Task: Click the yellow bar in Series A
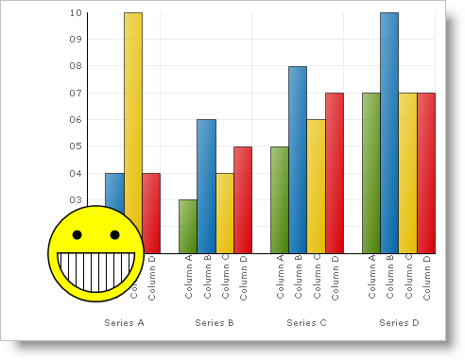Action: point(133,113)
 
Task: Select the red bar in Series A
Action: point(151,208)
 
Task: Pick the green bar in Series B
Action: point(188,227)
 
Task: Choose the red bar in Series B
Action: point(243,199)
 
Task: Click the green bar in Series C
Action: point(280,199)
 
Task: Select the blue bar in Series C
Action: point(298,160)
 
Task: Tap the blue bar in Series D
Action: point(389,132)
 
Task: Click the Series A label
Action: point(124,323)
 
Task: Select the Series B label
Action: point(215,323)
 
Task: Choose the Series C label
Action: point(306,323)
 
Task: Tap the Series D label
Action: point(399,323)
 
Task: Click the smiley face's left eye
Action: point(77,234)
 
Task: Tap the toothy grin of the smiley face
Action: point(95,268)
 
